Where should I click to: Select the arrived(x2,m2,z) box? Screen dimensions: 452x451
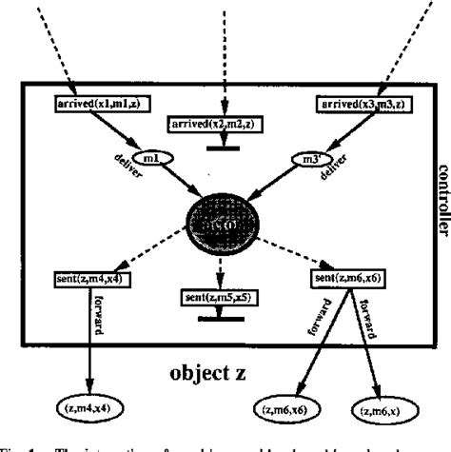(x=215, y=124)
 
